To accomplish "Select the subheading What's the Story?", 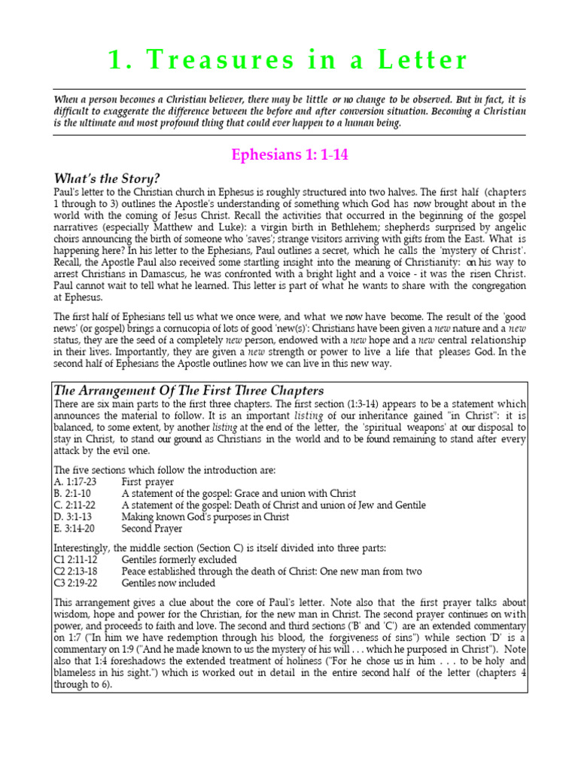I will (106, 178).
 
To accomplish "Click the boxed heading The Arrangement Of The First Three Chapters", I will (189, 391).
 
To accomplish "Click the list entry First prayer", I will (148, 482).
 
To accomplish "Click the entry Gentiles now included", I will (169, 583).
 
